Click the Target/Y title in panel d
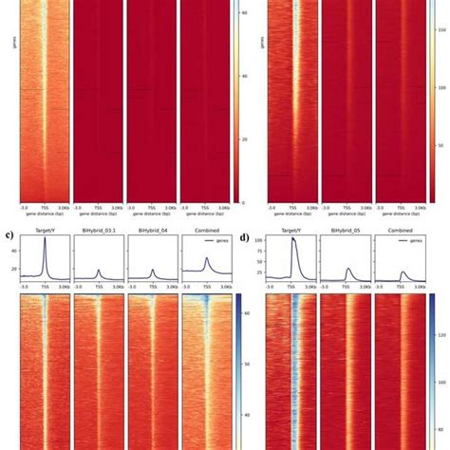pyautogui.click(x=289, y=230)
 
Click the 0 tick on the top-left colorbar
pyautogui.click(x=242, y=202)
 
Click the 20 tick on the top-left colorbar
pyautogui.click(x=244, y=139)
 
